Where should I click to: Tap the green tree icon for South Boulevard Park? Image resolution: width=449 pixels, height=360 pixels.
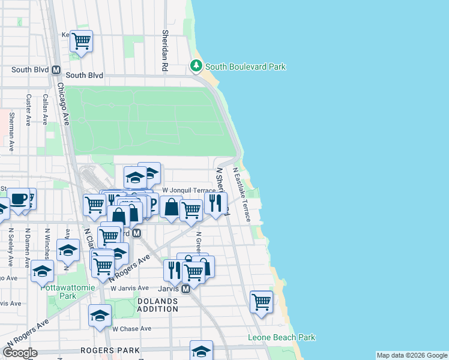196,65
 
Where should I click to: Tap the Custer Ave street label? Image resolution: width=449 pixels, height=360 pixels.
28,109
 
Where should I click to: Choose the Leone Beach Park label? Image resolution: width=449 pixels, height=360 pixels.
282,338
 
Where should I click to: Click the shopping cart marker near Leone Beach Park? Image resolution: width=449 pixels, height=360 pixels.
261,302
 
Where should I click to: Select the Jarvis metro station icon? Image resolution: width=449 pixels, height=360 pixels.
186,289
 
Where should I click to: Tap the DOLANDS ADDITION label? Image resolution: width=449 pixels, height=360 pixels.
158,305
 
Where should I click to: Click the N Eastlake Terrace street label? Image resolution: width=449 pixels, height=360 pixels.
241,194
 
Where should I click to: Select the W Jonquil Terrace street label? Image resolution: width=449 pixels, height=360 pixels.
189,190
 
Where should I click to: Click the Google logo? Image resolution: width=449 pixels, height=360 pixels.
19,353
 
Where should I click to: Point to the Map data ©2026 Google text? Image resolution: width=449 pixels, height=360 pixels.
412,355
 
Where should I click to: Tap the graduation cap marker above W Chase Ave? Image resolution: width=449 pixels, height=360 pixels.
100,315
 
